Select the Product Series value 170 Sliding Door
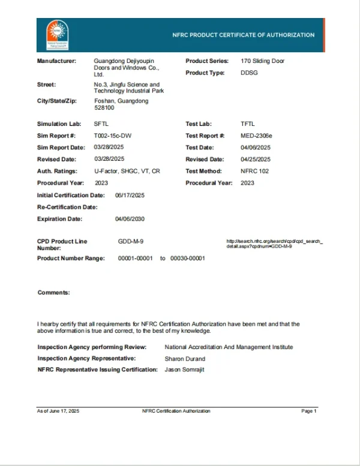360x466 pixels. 262,61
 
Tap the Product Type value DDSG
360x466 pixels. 250,73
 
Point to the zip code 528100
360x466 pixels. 105,109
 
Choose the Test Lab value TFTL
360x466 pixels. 247,124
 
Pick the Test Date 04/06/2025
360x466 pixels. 256,147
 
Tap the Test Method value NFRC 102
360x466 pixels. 254,171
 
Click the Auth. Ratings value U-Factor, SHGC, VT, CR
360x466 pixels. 127,171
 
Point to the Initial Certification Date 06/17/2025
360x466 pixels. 130,196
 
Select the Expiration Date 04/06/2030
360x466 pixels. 130,219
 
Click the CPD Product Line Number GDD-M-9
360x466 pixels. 131,241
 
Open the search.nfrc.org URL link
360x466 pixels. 274,243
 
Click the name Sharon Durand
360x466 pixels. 185,359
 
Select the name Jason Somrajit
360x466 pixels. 185,369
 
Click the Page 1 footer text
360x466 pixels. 308,411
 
